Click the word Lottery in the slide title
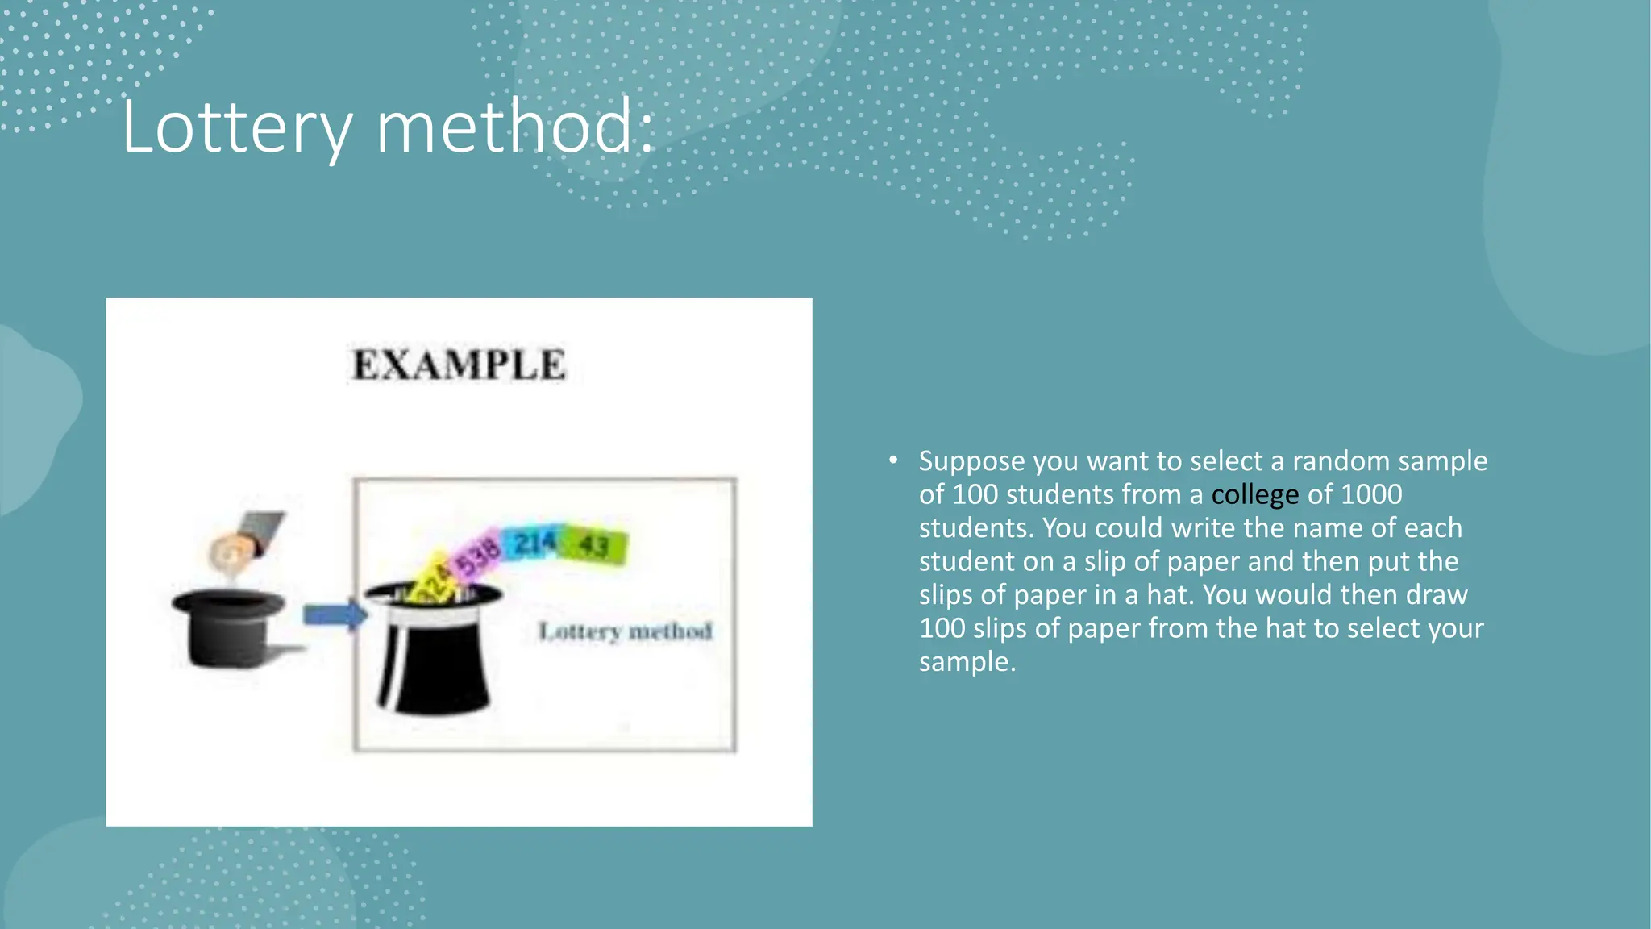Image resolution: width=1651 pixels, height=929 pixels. pos(237,127)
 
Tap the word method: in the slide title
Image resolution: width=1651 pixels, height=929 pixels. pos(516,127)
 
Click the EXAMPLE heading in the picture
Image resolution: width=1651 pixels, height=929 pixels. pos(459,365)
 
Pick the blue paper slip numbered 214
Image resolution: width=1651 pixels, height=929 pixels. pos(532,544)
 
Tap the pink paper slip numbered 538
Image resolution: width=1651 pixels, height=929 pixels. pos(478,555)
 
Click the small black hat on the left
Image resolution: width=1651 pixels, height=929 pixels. pos(229,629)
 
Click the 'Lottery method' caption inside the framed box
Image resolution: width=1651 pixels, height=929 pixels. pos(626,631)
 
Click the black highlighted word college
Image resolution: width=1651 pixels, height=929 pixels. pos(1254,494)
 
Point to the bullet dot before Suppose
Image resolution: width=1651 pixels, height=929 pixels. pos(893,460)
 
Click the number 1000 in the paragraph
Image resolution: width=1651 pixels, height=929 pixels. pos(1370,494)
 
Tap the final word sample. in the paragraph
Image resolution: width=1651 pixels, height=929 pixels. pos(967,662)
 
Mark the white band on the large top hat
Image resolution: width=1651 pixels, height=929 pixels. pos(433,615)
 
